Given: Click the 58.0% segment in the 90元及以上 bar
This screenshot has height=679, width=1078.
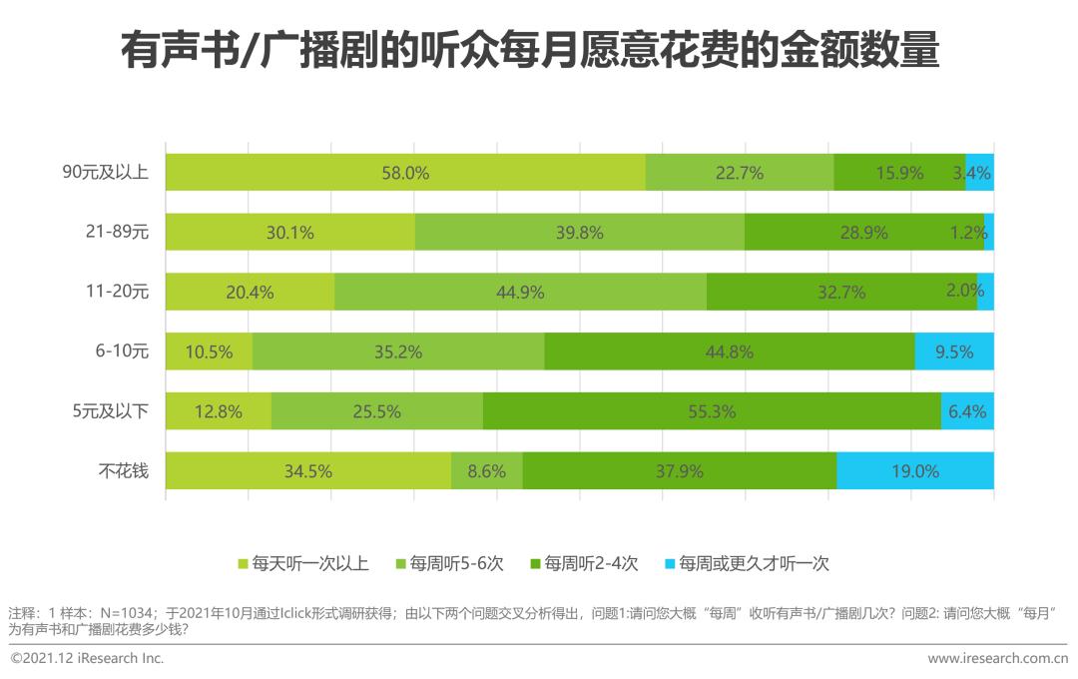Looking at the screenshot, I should click(x=405, y=173).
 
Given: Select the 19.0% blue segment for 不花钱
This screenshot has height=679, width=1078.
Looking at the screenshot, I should click(x=914, y=470).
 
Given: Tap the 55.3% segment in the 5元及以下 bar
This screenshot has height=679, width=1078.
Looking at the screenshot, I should click(x=712, y=411).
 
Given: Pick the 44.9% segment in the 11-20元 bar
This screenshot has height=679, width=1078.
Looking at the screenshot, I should click(x=520, y=292).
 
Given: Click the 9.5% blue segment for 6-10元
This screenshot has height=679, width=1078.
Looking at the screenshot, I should click(x=953, y=351).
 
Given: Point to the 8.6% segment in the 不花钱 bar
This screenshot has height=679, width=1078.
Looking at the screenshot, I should click(x=486, y=470).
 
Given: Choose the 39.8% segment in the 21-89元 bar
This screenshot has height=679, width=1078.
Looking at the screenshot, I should click(x=579, y=233).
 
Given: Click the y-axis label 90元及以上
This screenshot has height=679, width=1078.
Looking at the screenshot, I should click(x=106, y=172).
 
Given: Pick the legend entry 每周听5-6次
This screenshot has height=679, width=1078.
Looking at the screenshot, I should click(x=450, y=564).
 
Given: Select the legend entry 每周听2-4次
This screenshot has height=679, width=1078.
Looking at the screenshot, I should click(x=585, y=564).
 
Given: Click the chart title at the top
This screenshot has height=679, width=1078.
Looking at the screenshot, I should click(x=530, y=50).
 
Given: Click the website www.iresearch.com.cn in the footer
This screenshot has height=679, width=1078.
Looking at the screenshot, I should click(x=997, y=658).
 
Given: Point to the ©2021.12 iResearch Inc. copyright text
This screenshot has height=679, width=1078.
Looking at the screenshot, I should click(x=87, y=658).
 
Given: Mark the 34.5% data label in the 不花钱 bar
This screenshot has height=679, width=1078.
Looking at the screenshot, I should click(x=307, y=471).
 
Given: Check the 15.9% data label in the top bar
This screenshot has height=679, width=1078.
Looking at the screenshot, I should click(x=899, y=173).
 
